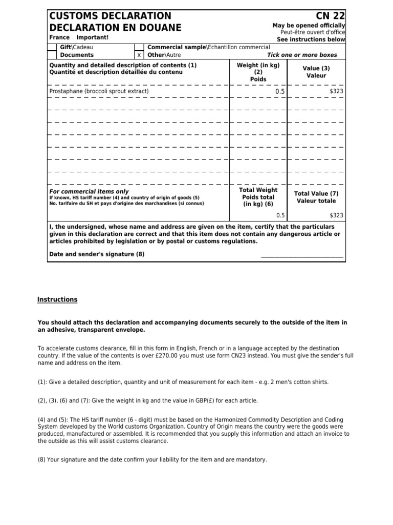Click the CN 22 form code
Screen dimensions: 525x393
tap(331, 16)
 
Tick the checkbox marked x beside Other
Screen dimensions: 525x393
tap(139, 55)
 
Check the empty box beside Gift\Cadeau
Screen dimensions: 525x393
tap(52, 47)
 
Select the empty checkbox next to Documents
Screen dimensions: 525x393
tap(52, 55)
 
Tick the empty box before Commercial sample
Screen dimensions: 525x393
tap(139, 47)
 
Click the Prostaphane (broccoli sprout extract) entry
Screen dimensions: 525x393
tap(99, 91)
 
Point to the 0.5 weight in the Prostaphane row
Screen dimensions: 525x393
tap(279, 92)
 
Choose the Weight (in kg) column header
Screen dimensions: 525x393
tap(258, 66)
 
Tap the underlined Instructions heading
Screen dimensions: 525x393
tap(57, 299)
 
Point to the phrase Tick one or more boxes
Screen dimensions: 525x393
tap(306, 55)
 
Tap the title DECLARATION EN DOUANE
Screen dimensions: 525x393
tap(115, 27)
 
